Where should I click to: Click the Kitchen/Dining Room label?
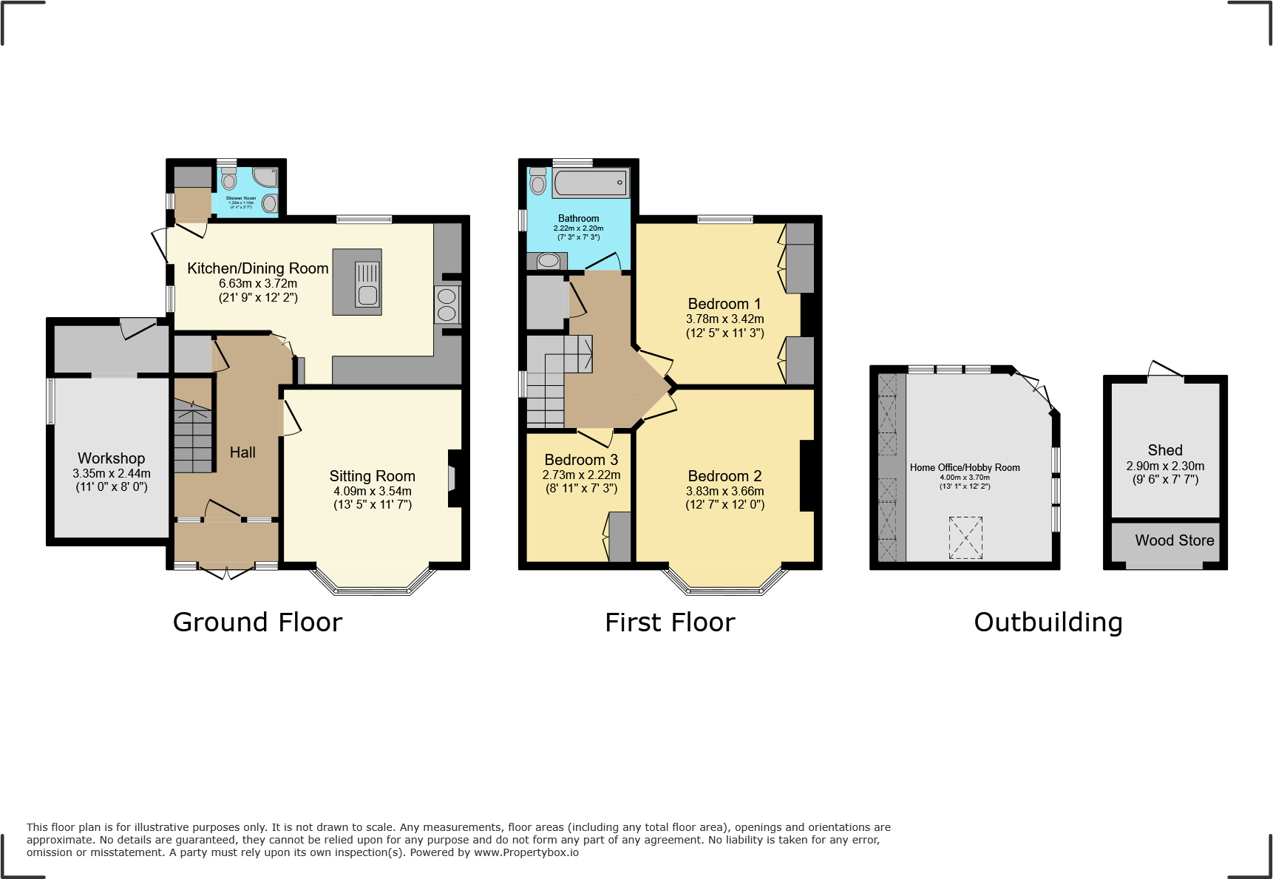[257, 268]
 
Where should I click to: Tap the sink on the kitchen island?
[367, 284]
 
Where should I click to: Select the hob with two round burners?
[447, 305]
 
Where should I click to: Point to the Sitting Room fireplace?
[453, 478]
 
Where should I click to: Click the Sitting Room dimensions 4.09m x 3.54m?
[372, 491]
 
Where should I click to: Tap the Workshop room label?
[111, 458]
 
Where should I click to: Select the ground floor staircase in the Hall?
[193, 436]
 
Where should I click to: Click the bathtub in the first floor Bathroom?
[590, 183]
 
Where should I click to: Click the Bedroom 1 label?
[724, 304]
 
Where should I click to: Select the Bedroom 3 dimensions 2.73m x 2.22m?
[581, 475]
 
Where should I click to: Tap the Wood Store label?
[1174, 540]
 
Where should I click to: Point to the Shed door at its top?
[1165, 370]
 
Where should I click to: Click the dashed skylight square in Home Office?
[965, 537]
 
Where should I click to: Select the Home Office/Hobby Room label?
[964, 467]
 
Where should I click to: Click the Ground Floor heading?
[257, 622]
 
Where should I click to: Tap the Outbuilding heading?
[1048, 622]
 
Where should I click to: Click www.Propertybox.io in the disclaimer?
[526, 852]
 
